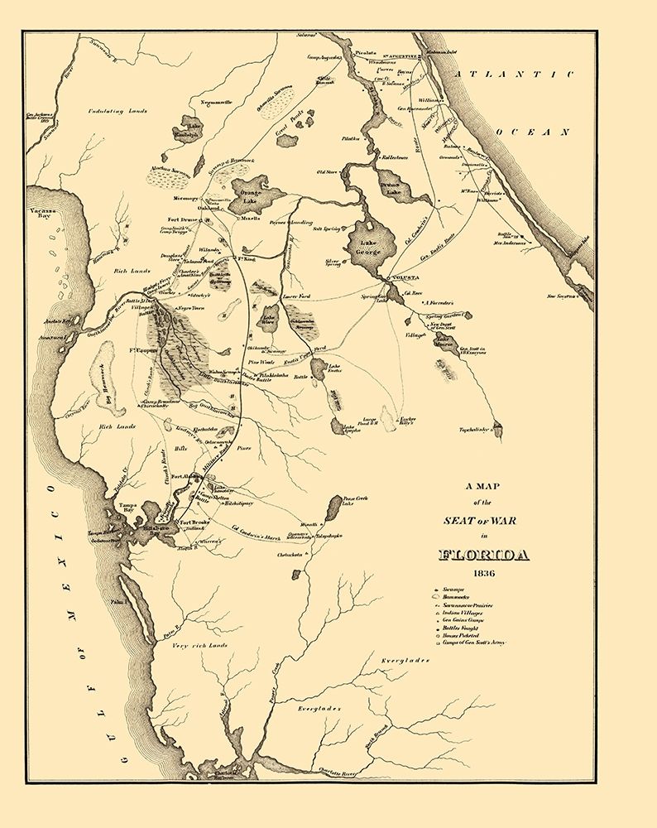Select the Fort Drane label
[x=175, y=219]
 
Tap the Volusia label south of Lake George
[x=405, y=278]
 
